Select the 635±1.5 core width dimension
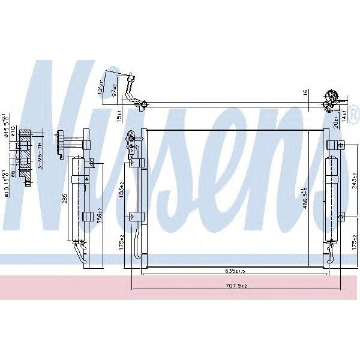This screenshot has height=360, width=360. [234, 271]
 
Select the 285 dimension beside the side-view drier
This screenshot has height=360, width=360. [65, 198]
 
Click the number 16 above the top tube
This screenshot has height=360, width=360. [305, 93]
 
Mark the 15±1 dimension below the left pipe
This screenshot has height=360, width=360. [119, 114]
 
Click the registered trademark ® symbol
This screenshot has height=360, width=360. [352, 112]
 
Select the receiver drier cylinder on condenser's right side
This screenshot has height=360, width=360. [331, 198]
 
